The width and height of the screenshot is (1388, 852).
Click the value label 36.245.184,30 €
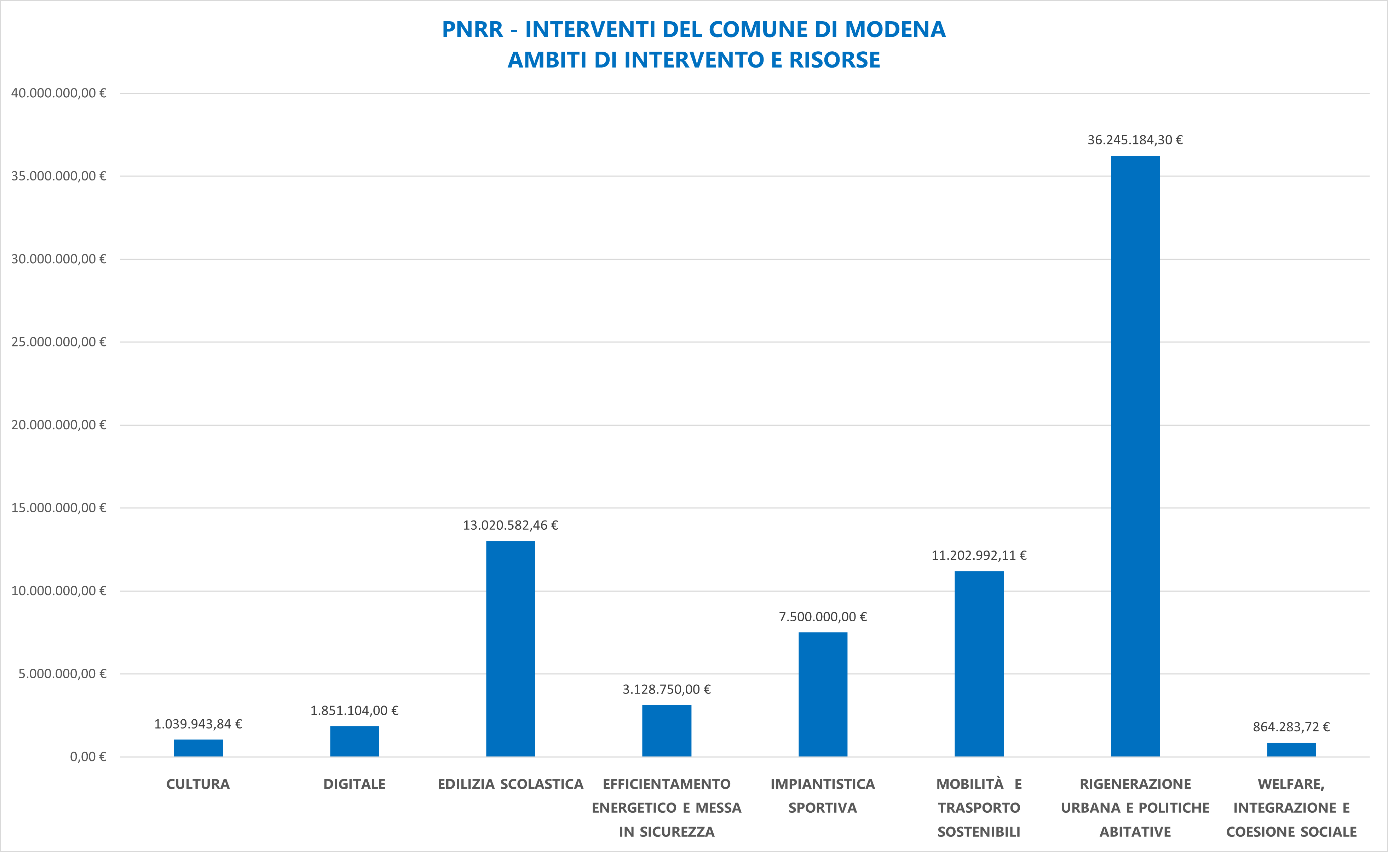point(1135,140)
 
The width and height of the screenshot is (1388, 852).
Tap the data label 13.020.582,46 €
point(510,525)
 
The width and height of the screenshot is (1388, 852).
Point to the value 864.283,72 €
point(1291,727)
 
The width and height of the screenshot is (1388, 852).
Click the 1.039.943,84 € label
point(198,724)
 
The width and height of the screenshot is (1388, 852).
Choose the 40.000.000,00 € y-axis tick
point(59,93)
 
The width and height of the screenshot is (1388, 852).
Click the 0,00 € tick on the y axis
point(88,757)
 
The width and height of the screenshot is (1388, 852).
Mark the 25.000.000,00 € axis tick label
point(59,342)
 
